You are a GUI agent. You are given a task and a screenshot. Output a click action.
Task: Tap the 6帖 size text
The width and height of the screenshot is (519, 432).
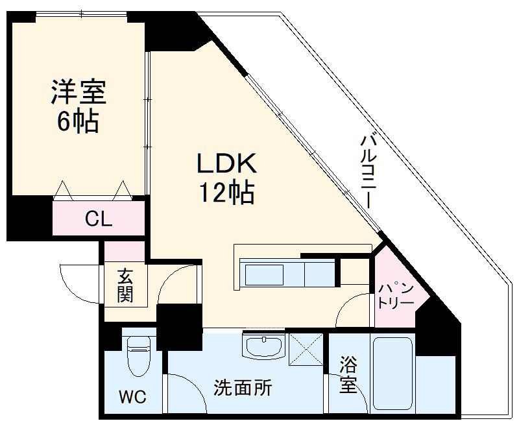click(x=78, y=121)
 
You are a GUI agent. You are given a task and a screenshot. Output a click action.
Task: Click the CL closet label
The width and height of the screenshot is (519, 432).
click(x=99, y=219)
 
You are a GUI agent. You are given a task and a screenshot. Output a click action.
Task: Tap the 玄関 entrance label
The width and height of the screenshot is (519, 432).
click(x=125, y=285)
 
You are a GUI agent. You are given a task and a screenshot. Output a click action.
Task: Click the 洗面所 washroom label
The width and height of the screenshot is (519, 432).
click(x=243, y=389)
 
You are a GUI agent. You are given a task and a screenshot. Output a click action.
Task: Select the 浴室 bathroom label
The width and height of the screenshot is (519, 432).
click(x=348, y=374)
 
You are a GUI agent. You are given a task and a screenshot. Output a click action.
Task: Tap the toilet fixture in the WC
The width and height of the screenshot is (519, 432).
click(x=138, y=357)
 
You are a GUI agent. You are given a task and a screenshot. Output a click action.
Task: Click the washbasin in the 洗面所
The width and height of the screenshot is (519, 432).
click(x=263, y=345)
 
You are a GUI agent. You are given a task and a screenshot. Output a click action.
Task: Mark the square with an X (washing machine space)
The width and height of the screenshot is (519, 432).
click(x=306, y=350)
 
